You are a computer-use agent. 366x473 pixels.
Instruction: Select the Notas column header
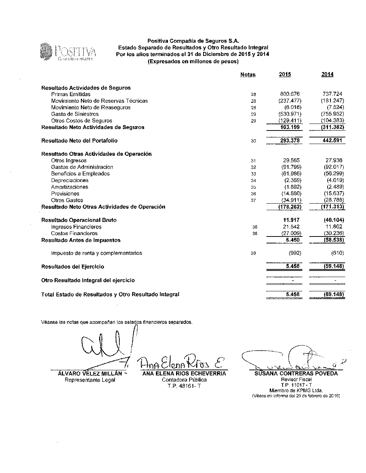[248, 75]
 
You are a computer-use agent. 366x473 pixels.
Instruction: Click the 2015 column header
[285, 75]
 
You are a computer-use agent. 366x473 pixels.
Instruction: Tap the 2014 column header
[327, 75]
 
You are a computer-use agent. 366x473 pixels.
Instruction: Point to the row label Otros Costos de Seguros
[82, 121]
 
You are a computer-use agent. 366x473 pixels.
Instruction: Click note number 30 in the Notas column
[253, 141]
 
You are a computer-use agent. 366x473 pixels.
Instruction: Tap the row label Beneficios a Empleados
[80, 174]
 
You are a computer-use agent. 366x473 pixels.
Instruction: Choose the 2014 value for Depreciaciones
[335, 180]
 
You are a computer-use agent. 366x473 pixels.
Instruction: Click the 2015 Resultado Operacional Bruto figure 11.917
[291, 220]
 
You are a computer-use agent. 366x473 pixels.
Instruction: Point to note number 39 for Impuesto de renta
[253, 253]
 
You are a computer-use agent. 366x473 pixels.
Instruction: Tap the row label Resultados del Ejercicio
[72, 267]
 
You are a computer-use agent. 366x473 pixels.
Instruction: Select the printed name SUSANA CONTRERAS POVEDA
[296, 374]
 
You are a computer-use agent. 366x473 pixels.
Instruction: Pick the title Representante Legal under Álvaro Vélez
[90, 380]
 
